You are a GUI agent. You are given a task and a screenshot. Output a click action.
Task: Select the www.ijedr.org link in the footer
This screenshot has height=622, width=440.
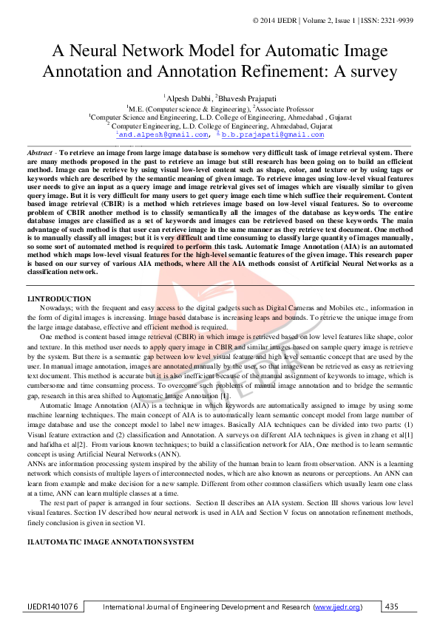(338, 607)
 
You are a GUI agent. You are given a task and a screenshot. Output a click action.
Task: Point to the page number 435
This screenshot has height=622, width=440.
(392, 606)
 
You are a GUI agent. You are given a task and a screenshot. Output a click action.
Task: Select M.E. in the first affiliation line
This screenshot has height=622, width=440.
(138, 108)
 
